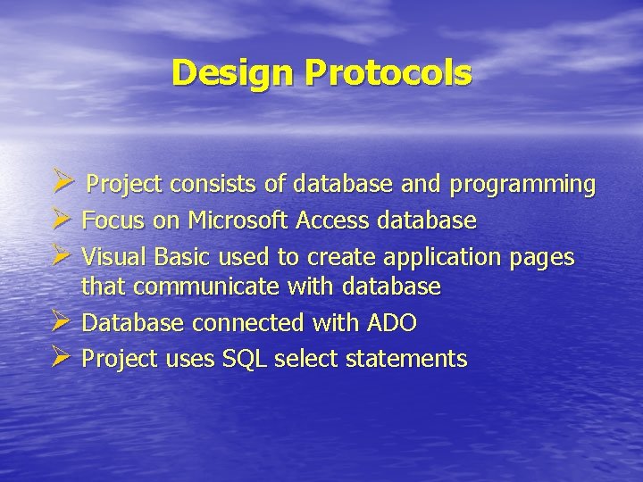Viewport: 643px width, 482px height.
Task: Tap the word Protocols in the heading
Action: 388,73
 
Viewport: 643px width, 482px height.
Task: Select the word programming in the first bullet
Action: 522,185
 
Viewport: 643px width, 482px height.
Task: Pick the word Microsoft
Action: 235,220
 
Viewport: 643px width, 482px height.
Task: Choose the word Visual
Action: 114,257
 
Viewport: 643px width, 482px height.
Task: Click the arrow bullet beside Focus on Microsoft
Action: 62,220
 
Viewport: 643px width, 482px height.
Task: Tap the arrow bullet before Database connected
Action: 62,321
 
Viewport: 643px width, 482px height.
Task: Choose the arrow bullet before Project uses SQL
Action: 62,358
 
